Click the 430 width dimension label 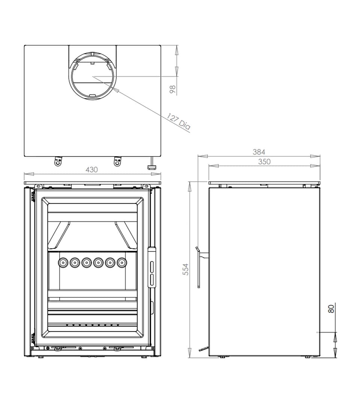point(92,169)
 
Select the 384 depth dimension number point(259,152)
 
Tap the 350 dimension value point(264,162)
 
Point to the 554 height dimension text point(185,269)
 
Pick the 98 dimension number point(173,89)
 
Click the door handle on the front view point(152,267)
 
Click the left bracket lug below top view point(58,161)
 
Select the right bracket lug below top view point(117,161)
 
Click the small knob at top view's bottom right point(152,166)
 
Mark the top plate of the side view point(264,183)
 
